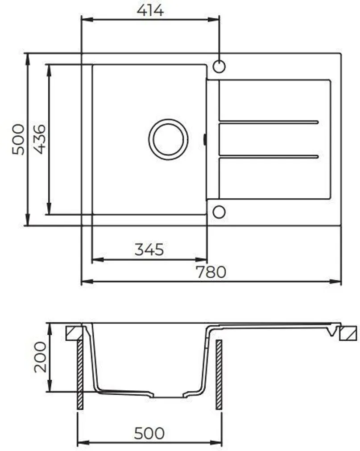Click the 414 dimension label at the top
(150, 10)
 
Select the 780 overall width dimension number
(211, 271)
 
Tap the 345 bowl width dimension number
(149, 250)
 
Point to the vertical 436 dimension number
(39, 139)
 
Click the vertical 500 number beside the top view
(18, 140)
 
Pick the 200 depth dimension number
(41, 357)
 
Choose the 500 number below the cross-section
(149, 433)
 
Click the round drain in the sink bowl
(168, 139)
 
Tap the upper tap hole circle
(219, 67)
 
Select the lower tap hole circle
(219, 212)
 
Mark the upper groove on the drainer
(269, 121)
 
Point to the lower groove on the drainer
(269, 156)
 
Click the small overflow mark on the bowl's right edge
(205, 140)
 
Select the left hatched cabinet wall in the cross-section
(80, 374)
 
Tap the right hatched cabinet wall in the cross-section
(219, 374)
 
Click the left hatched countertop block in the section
(74, 333)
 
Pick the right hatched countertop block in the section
(348, 333)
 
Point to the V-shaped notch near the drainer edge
(331, 331)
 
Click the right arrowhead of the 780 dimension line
(337, 281)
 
